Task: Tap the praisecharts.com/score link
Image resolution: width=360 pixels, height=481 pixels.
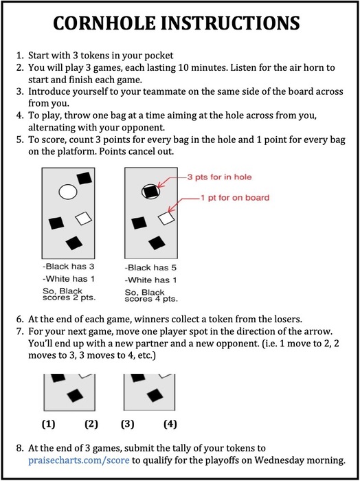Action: [79, 460]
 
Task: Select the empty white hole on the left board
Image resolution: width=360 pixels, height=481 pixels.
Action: [68, 192]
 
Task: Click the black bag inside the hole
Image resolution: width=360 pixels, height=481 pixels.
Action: [151, 192]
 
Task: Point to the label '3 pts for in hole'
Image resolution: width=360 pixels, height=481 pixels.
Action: [219, 177]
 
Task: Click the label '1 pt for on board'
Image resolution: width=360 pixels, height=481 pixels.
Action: [235, 198]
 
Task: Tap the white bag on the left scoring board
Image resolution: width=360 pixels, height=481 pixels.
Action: [83, 219]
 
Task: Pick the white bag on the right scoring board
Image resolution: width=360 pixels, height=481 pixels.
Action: [166, 218]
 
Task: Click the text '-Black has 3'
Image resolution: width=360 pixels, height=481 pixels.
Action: [69, 267]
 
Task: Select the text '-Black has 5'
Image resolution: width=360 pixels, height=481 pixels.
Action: [150, 268]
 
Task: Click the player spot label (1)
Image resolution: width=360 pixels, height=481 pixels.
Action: [48, 424]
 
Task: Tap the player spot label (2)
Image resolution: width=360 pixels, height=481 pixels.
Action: [91, 424]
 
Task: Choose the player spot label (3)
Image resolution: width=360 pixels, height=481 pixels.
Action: [128, 424]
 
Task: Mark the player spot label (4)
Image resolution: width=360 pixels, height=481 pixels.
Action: [170, 424]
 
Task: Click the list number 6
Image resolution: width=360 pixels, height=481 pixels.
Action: [20, 319]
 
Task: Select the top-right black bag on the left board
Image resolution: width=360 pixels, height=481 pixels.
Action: [85, 178]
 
